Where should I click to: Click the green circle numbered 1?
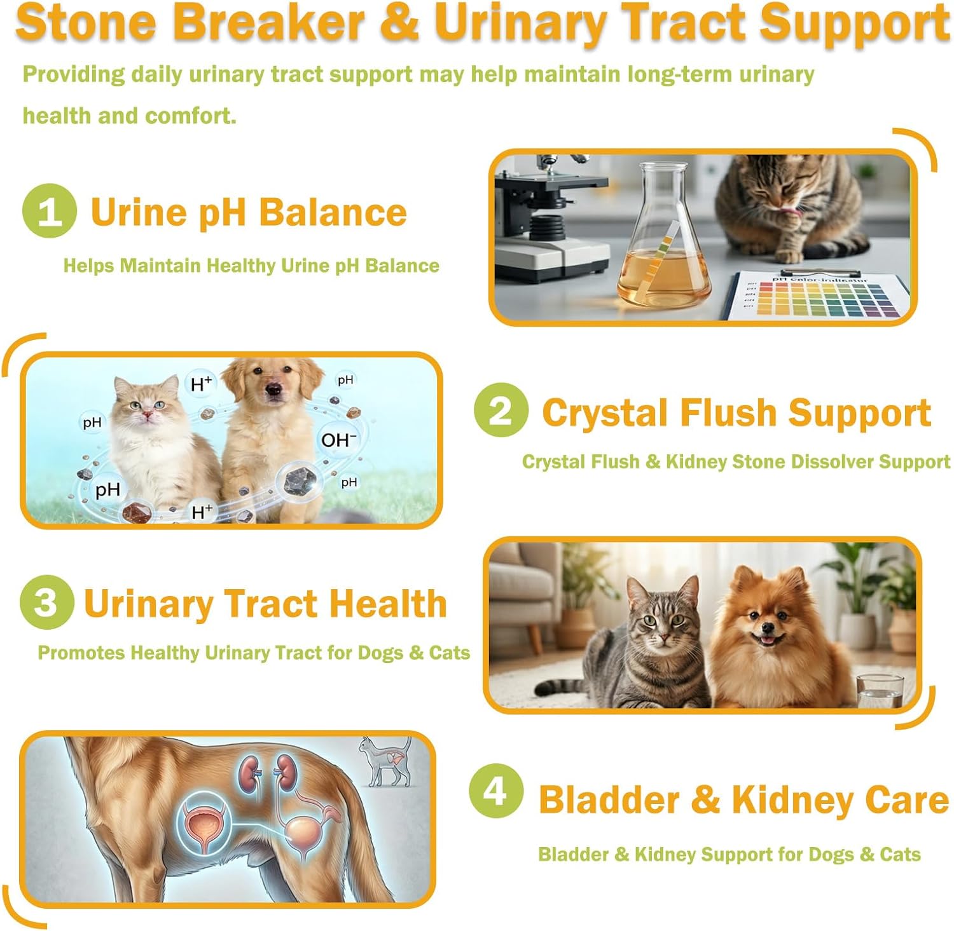(50, 211)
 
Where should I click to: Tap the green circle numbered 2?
(501, 411)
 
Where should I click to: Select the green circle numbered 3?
(46, 602)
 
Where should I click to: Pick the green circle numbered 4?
(496, 791)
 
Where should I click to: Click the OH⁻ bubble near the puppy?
(338, 440)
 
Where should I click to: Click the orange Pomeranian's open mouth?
(770, 638)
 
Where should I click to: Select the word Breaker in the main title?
(268, 23)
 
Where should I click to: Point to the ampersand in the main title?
(399, 23)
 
